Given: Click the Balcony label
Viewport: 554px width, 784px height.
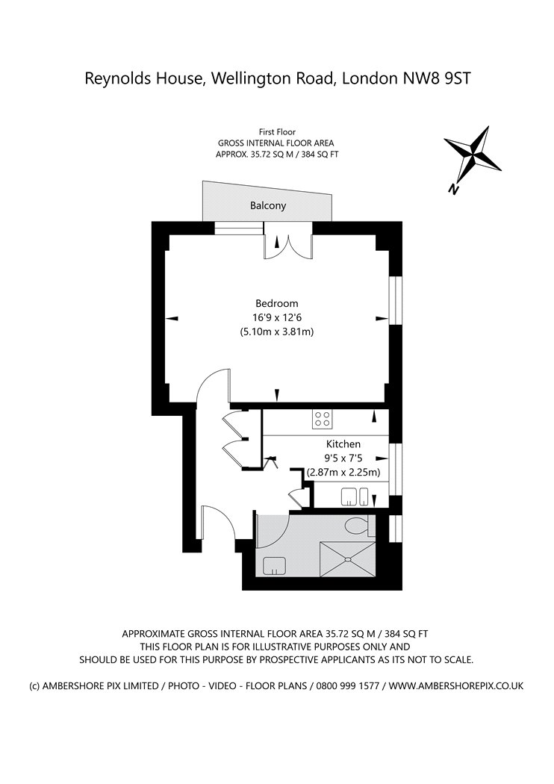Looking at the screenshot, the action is [x=268, y=205].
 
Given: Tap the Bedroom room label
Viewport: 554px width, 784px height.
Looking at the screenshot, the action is [x=276, y=303].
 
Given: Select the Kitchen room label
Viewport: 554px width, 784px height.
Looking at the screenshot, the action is [x=343, y=444].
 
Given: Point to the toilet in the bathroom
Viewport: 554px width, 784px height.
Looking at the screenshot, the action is [x=358, y=526].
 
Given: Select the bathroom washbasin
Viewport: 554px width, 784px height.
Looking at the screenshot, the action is [x=274, y=565].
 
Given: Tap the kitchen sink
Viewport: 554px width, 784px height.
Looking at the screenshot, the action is [x=355, y=497].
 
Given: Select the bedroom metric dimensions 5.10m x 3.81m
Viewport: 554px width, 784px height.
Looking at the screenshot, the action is [x=276, y=332].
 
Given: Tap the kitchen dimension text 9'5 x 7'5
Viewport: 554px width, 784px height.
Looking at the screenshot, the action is [x=343, y=458].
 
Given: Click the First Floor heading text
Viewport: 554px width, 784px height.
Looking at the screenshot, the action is [x=277, y=132].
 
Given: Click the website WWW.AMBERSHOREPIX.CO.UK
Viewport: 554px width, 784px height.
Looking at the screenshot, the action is [x=456, y=685].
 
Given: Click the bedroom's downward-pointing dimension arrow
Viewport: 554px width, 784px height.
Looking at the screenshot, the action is [x=277, y=396].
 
